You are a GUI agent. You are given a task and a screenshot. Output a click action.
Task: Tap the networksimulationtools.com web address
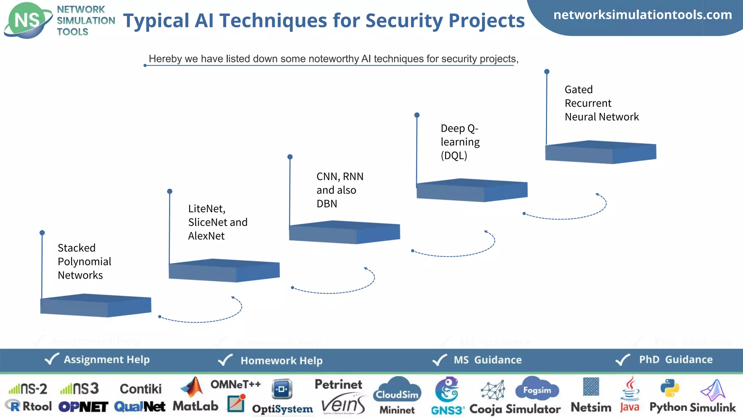(x=643, y=15)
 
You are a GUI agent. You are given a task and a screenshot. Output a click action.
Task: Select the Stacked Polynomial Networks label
(x=84, y=261)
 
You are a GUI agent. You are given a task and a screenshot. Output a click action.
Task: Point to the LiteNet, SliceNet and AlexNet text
(x=217, y=222)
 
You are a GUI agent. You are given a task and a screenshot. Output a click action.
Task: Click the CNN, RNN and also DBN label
(x=339, y=190)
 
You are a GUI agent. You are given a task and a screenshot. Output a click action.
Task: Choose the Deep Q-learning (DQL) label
(x=460, y=142)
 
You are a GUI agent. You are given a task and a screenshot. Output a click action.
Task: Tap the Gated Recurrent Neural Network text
(x=601, y=103)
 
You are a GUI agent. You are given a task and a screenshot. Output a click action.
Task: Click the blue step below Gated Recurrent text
(x=600, y=152)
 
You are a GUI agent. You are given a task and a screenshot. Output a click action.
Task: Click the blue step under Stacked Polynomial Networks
(x=95, y=306)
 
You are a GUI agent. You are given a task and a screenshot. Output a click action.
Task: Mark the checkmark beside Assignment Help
(x=52, y=359)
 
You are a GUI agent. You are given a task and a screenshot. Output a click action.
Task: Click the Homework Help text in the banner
(x=281, y=360)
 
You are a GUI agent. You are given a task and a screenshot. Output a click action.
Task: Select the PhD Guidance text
(x=676, y=359)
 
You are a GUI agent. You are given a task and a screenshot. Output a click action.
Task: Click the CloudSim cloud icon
(x=397, y=390)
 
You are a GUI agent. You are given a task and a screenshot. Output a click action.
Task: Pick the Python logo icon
(x=669, y=388)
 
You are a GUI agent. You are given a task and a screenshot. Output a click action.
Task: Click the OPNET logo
(x=83, y=407)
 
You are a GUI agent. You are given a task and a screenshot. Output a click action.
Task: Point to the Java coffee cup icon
(x=630, y=388)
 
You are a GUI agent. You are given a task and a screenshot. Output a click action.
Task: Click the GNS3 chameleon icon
(x=447, y=389)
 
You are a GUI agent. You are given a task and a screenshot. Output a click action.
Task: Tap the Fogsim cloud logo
(x=537, y=388)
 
